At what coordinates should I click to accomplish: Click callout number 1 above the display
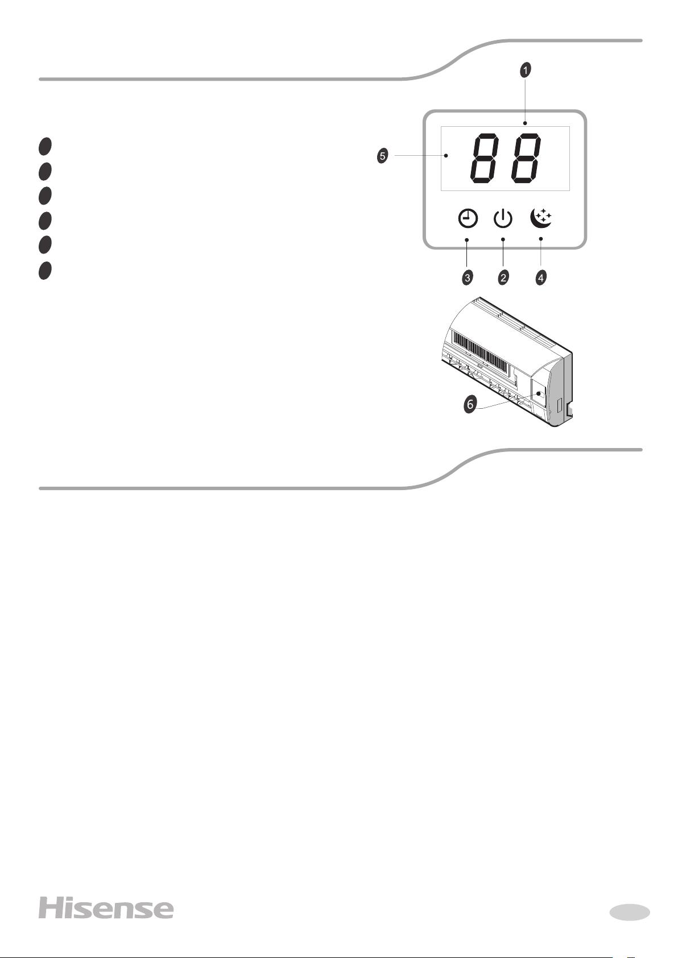pyautogui.click(x=526, y=70)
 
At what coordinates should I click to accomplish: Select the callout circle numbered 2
pyautogui.click(x=503, y=277)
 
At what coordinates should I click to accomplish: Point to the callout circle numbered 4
pyautogui.click(x=541, y=277)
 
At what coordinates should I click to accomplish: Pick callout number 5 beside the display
pyautogui.click(x=382, y=156)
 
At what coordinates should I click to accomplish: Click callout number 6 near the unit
pyautogui.click(x=470, y=404)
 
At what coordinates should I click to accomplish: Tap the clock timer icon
pyautogui.click(x=468, y=219)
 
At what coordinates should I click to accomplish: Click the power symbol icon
pyautogui.click(x=503, y=219)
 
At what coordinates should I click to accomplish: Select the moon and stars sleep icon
pyautogui.click(x=541, y=218)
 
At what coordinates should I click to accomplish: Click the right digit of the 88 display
pyautogui.click(x=526, y=159)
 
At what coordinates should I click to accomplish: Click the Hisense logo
pyautogui.click(x=106, y=908)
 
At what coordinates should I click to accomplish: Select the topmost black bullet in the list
pyautogui.click(x=45, y=146)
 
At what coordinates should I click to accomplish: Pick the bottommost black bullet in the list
pyautogui.click(x=45, y=271)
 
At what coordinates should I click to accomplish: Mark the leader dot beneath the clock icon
pyautogui.click(x=466, y=240)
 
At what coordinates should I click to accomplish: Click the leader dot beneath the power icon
pyautogui.click(x=503, y=239)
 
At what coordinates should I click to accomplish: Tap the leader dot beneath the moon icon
pyautogui.click(x=541, y=239)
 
